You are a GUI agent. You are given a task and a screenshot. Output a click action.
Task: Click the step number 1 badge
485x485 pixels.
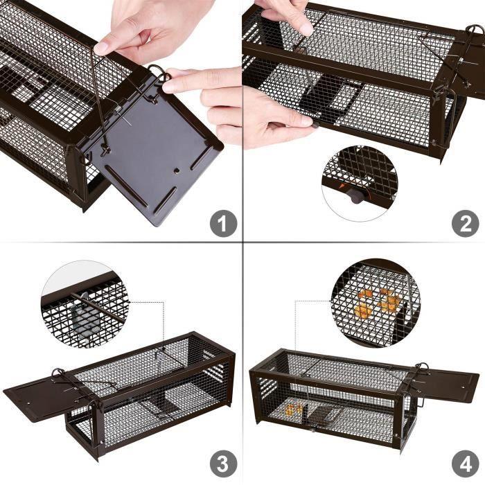(x=223, y=223)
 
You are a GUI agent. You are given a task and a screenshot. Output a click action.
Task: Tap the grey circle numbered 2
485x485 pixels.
(x=465, y=223)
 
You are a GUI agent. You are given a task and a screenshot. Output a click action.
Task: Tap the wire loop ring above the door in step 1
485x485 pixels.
(x=157, y=71)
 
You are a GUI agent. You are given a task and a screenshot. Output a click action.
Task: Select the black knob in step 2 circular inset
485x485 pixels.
(x=355, y=196)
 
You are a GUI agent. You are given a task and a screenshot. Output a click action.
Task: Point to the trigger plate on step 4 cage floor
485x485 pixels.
(x=319, y=419)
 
